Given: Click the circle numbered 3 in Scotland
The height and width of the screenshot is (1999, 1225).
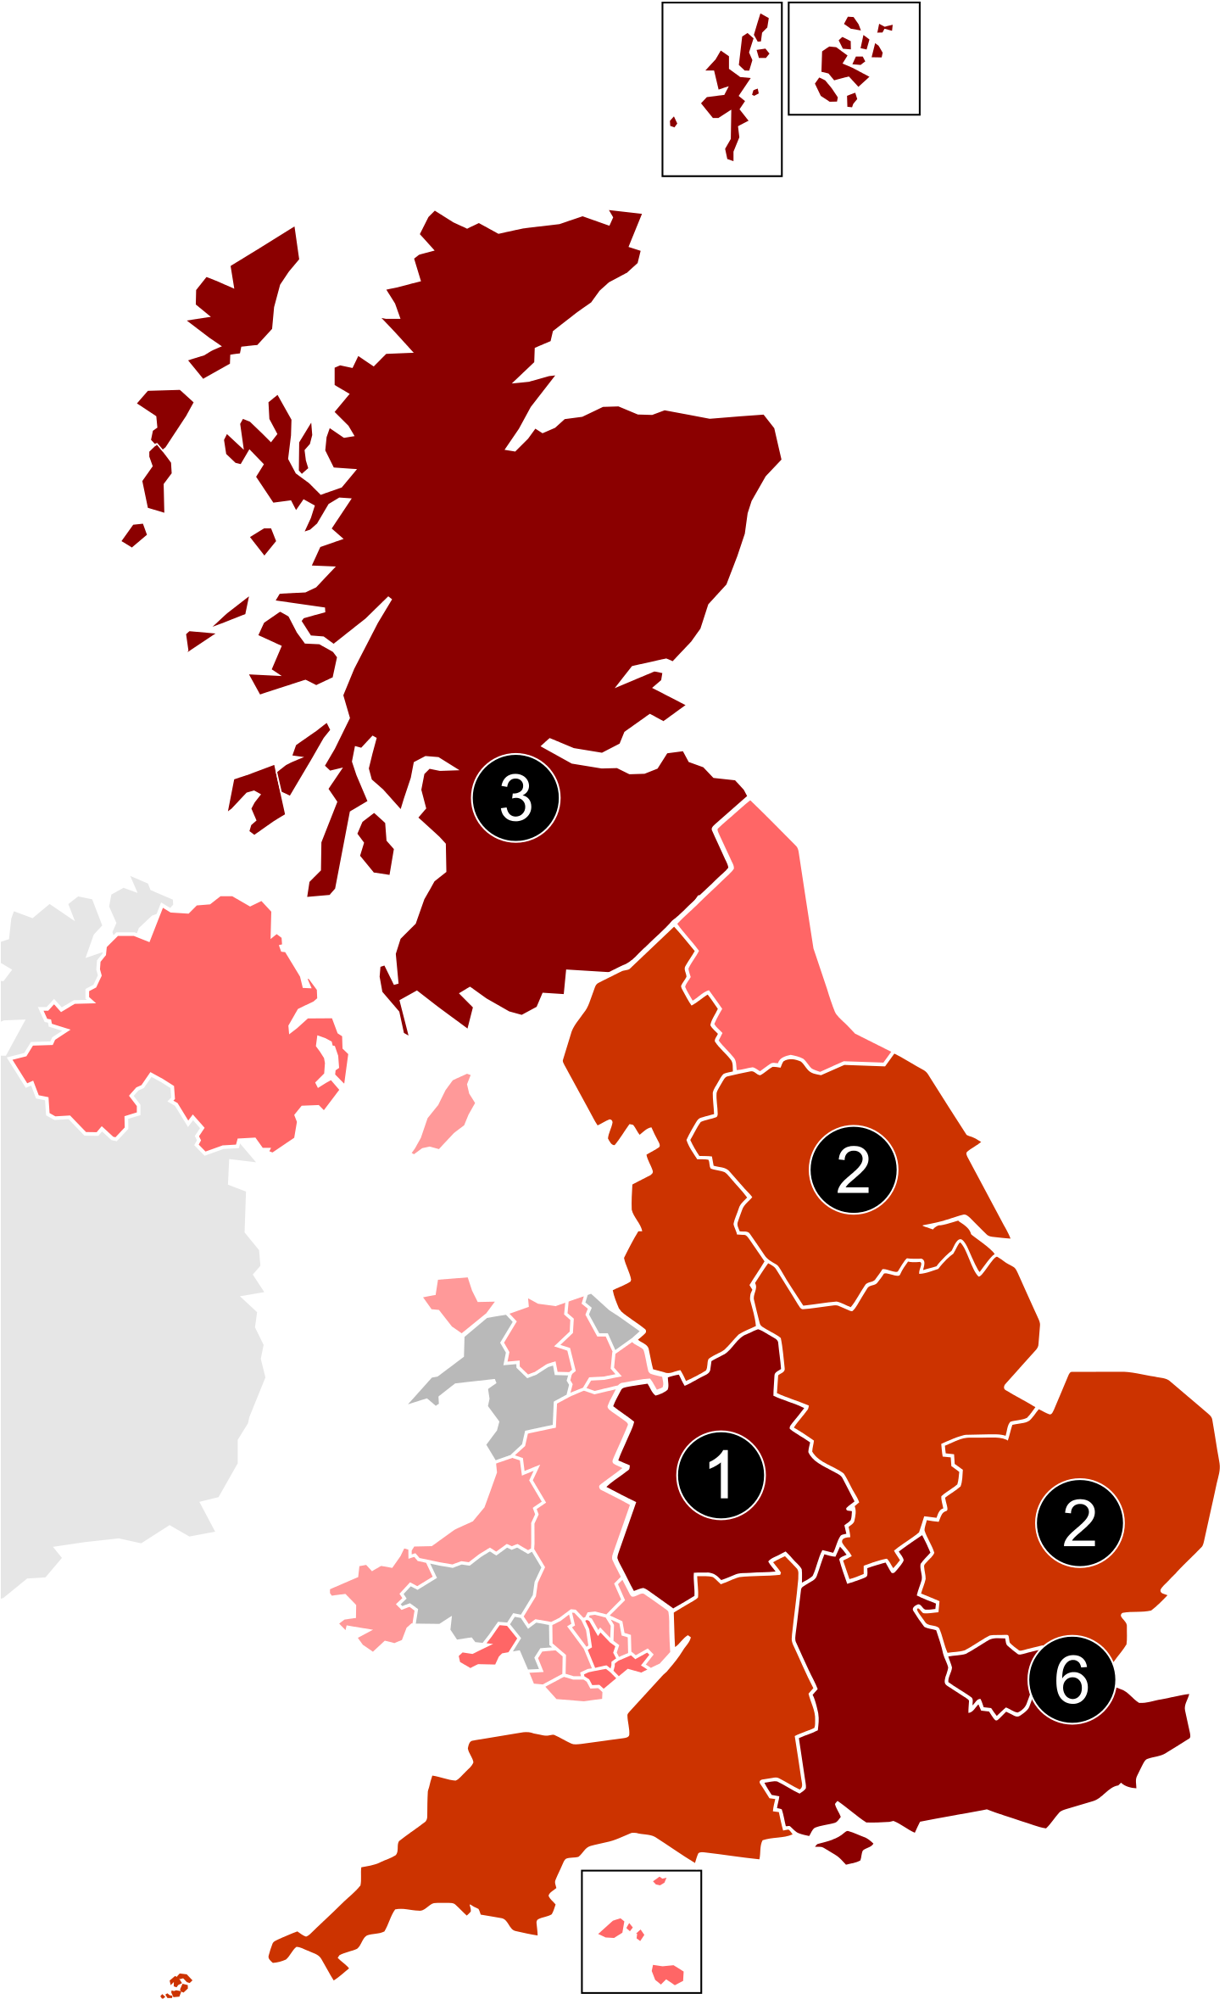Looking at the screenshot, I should (x=515, y=797).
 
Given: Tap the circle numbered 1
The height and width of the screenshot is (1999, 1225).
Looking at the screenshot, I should (x=721, y=1475).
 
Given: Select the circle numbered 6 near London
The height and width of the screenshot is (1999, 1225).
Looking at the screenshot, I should (x=1072, y=1679).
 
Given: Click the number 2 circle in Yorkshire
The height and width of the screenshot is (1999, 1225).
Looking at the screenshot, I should (x=853, y=1170).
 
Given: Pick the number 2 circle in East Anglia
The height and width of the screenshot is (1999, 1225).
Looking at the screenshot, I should (x=1079, y=1523).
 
